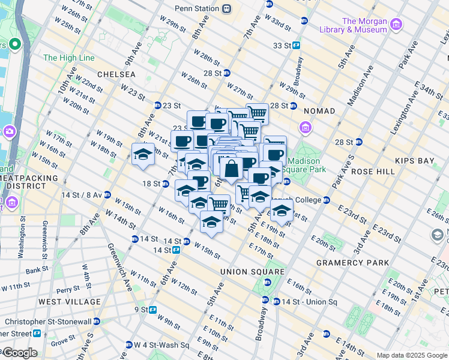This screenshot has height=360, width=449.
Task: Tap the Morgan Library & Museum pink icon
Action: (x=396, y=25)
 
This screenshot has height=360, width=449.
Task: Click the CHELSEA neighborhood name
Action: (x=114, y=74)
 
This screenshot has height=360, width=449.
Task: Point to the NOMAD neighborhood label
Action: (x=319, y=111)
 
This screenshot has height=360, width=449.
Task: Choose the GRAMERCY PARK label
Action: (x=354, y=263)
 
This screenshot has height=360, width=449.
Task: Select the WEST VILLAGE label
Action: (x=70, y=301)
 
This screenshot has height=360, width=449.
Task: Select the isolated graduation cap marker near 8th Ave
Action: (x=143, y=155)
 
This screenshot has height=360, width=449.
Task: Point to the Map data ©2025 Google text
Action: (x=412, y=355)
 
